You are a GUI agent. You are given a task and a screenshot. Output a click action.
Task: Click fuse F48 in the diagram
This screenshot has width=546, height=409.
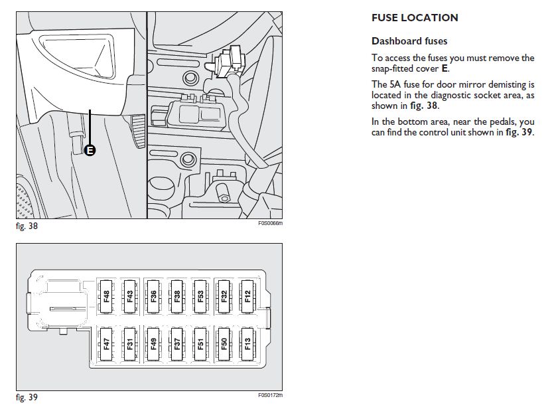pos(106,296)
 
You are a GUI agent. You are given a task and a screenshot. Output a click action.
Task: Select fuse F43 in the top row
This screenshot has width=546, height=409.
pos(130,296)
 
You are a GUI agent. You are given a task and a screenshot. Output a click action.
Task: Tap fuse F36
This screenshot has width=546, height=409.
pos(153,296)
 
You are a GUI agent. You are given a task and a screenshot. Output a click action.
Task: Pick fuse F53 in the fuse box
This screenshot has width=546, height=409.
pos(200,296)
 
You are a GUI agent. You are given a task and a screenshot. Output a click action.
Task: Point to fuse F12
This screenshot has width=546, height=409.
pos(247,296)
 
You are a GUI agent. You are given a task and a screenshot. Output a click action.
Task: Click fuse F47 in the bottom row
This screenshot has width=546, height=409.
pos(106,344)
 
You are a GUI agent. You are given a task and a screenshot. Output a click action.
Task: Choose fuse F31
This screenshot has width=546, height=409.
pos(130,344)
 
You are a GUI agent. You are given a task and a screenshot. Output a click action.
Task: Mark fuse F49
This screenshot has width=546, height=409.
pos(153,344)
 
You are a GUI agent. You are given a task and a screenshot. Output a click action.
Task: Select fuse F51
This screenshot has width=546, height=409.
pos(200,344)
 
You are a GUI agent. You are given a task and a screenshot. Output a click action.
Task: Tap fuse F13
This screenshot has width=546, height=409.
pos(247,344)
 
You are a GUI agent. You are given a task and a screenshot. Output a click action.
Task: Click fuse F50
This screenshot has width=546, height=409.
pos(224,344)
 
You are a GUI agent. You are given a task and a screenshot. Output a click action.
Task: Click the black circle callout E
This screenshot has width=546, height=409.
pos(90,151)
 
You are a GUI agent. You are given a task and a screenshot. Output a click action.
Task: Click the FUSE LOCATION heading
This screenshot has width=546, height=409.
pos(415,18)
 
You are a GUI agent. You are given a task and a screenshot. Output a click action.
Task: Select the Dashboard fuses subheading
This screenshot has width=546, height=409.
pos(409,41)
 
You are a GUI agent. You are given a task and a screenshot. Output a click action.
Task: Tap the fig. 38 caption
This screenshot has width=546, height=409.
pos(27,226)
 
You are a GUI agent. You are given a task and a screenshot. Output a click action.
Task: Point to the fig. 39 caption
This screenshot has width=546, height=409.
pos(27,398)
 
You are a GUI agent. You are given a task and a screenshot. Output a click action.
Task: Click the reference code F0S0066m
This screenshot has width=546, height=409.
pos(270,223)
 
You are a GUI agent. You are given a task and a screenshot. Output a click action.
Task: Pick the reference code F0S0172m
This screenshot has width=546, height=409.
pos(270,395)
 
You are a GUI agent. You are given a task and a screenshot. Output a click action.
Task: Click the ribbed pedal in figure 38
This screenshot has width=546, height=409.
pos(138,131)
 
